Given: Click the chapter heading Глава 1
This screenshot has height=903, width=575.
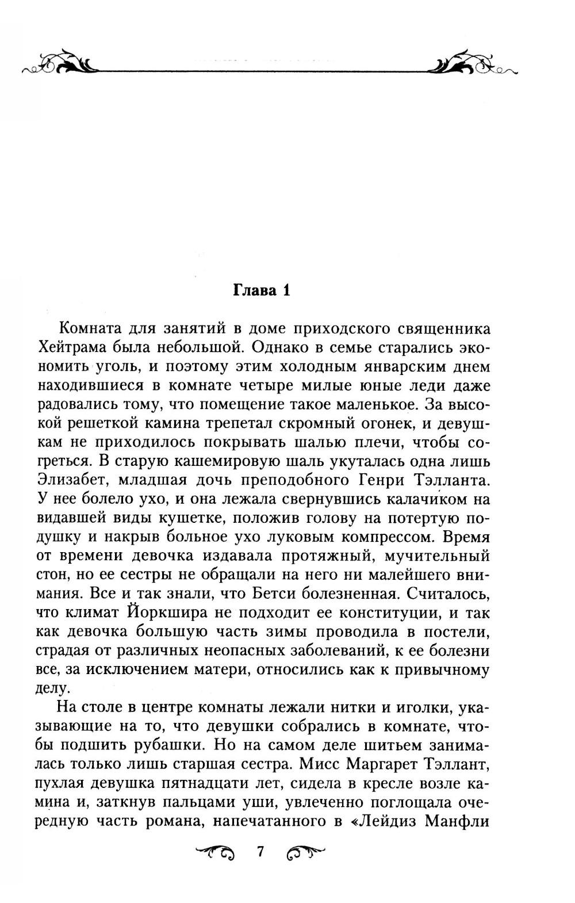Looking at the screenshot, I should click(262, 290).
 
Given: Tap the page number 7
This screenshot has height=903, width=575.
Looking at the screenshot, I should click(260, 851).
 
